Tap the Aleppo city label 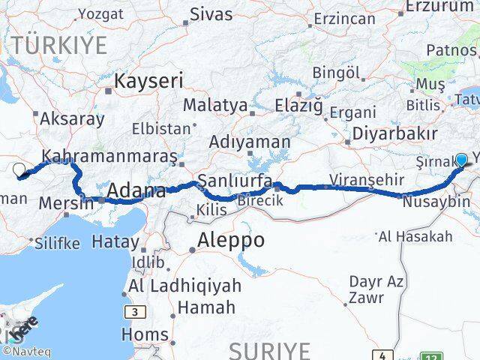(232, 241)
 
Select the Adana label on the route (136, 192)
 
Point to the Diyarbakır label (400, 133)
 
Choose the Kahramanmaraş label (109, 157)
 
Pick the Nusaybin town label (436, 202)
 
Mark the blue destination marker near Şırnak (460, 160)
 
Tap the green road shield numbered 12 (431, 355)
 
